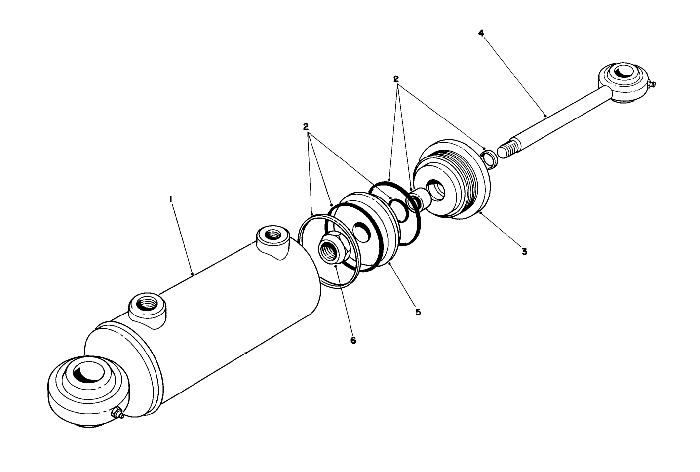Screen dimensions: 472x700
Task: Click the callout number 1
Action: coord(170,199)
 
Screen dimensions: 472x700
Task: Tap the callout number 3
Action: coord(524,251)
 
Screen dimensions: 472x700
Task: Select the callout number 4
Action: coord(481,33)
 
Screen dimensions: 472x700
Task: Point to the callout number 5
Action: coord(418,312)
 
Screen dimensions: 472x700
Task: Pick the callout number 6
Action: coord(353,341)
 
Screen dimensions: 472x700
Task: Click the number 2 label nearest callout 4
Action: coord(396,79)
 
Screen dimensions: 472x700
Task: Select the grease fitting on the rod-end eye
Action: coord(651,86)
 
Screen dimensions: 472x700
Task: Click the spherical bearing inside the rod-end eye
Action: coord(621,75)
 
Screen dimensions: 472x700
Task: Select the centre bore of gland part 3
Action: coord(436,190)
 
